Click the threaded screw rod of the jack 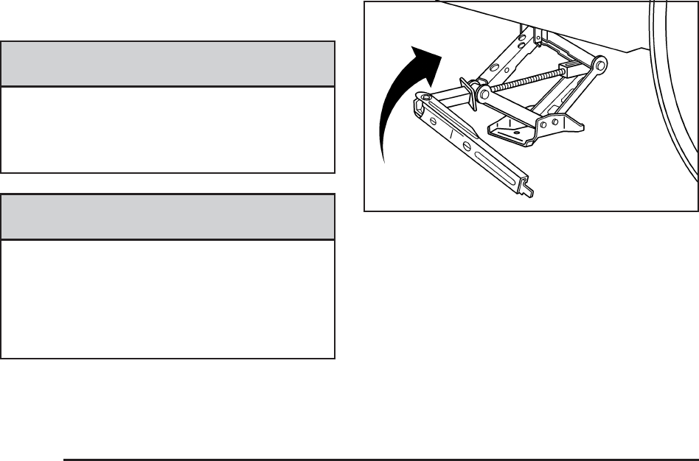click(524, 80)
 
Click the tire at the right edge click(675, 96)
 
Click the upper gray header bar click(168, 64)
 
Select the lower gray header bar click(168, 217)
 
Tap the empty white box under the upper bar click(168, 130)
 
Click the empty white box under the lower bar click(168, 298)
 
